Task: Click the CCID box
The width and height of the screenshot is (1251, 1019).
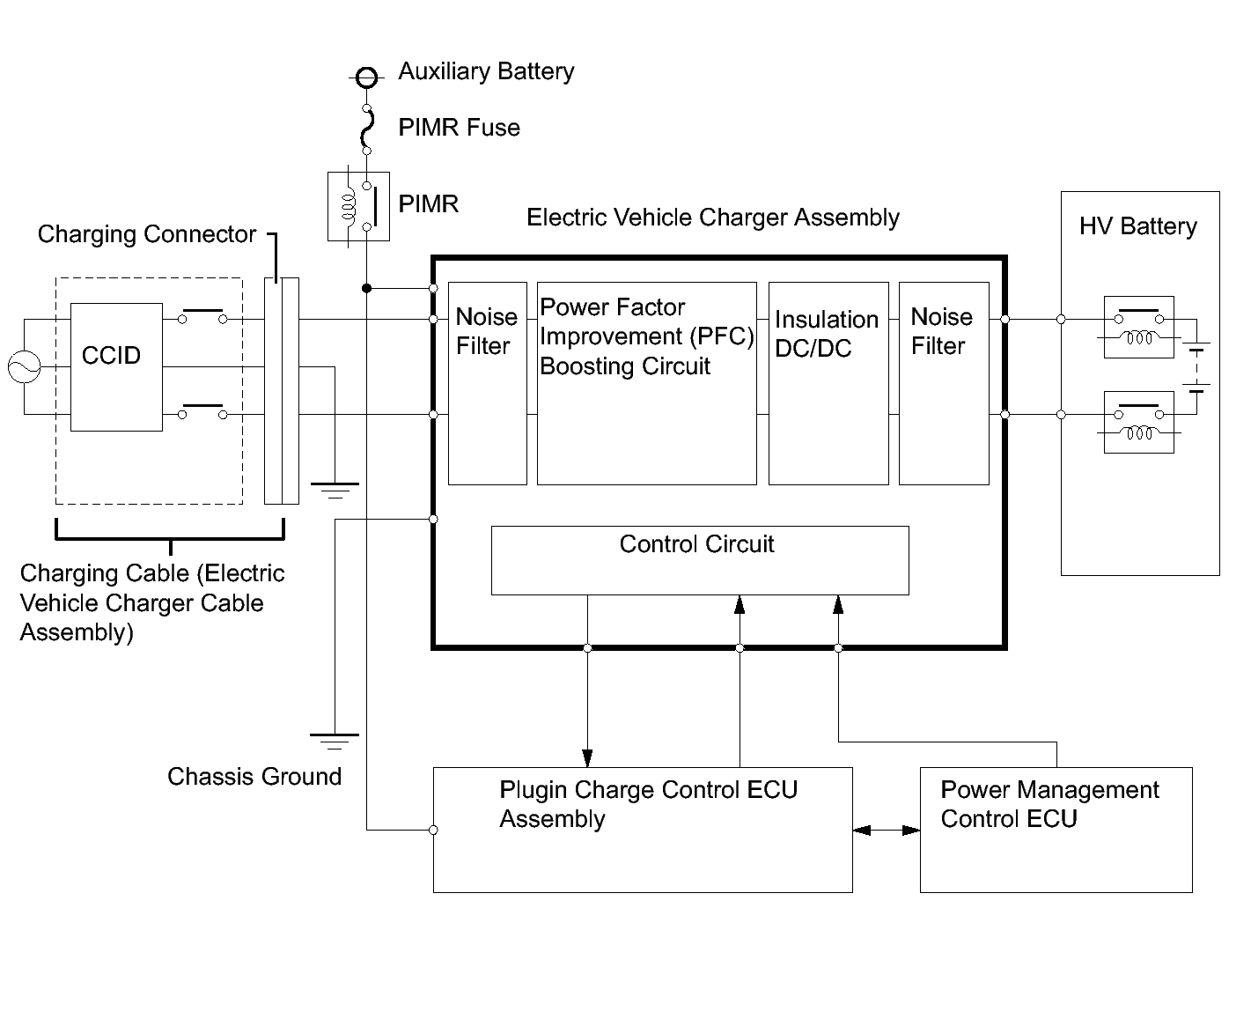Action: tap(116, 366)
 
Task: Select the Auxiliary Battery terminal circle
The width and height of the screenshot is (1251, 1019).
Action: tap(367, 78)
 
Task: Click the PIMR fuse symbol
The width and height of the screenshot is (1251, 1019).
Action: tap(367, 129)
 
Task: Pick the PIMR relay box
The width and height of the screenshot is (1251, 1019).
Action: tap(358, 206)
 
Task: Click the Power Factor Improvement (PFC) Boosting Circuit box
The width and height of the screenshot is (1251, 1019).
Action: tap(646, 383)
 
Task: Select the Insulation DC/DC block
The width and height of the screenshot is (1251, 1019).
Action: tap(828, 383)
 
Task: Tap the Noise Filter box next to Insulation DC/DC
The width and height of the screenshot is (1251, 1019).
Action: tap(943, 383)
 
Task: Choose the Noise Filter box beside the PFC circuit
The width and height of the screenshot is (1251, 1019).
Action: tap(487, 383)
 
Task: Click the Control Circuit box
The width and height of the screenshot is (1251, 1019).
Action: tap(699, 560)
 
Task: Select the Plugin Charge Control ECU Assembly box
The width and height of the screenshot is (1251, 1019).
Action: tap(642, 830)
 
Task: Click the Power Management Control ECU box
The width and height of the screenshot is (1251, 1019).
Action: tap(1056, 830)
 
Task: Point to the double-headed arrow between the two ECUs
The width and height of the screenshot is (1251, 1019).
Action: tap(886, 830)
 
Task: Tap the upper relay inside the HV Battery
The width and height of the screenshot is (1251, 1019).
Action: tap(1138, 327)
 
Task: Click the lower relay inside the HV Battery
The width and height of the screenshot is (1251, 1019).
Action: tap(1138, 422)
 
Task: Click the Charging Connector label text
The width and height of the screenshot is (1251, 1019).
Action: tap(146, 234)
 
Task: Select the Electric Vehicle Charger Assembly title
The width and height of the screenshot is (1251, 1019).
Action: tap(712, 218)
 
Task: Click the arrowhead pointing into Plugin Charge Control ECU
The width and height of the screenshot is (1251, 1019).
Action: tap(587, 758)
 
